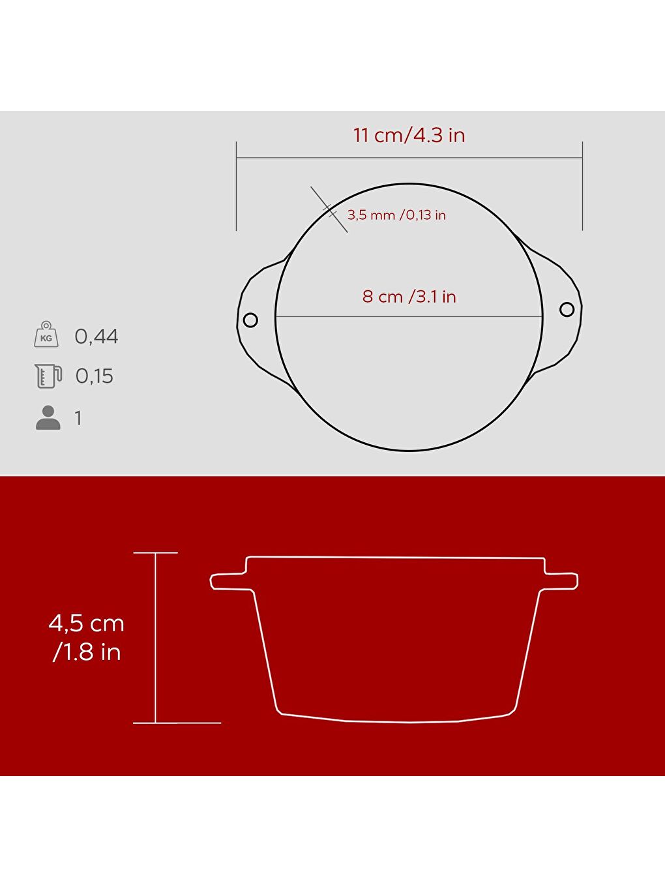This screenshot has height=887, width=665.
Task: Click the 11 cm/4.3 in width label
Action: coord(409,135)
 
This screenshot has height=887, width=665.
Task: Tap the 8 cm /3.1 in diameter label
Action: coord(409,297)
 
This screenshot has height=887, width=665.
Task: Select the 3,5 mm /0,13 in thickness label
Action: coord(396,215)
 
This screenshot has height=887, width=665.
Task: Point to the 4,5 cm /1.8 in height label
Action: coord(87,637)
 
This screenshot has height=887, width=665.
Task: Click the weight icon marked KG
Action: coord(46,335)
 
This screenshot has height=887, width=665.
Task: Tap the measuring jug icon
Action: coord(48,376)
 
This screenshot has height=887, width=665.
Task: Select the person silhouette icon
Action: coord(48,417)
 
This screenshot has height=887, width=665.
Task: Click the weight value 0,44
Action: coord(96,337)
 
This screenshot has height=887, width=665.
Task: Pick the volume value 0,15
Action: coord(95,376)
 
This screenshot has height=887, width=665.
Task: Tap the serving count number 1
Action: coord(78,418)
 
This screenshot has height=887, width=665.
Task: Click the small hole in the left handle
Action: coord(250,320)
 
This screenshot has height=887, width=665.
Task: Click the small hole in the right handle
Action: coord(567,308)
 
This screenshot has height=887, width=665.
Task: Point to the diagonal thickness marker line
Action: coord(329,209)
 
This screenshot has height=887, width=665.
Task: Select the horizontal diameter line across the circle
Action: coord(409,317)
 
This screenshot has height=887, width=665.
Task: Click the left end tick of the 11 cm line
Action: coord(236,185)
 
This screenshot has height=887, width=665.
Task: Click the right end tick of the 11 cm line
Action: coord(582,185)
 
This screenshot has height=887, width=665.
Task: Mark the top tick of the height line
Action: coord(155,552)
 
